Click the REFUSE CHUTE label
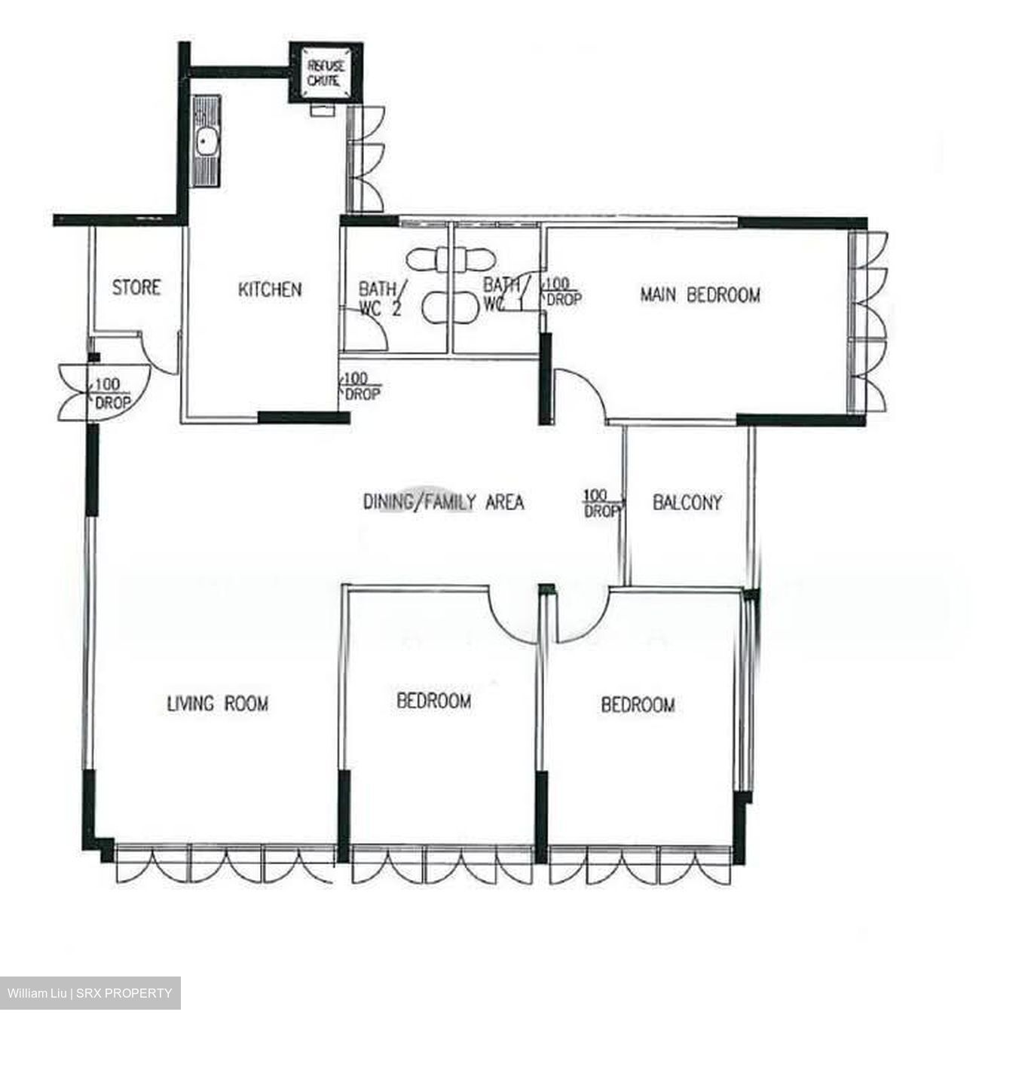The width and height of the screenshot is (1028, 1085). click(326, 73)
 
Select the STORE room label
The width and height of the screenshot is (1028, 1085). click(136, 287)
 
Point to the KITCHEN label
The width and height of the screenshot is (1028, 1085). click(269, 289)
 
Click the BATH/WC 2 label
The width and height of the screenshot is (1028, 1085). click(380, 298)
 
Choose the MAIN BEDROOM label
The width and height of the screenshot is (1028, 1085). click(699, 295)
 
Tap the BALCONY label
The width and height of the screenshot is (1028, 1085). click(687, 503)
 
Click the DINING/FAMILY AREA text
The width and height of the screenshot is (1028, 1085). click(443, 502)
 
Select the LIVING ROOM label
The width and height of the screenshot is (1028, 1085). click(217, 704)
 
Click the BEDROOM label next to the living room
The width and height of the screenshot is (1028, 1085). click(433, 701)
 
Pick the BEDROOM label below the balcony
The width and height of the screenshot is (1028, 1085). click(638, 704)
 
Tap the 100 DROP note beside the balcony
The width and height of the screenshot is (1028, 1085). click(601, 503)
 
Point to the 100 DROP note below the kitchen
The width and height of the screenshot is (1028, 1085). click(362, 386)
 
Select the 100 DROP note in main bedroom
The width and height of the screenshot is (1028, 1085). click(562, 291)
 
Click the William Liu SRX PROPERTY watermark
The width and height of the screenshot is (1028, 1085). click(90, 993)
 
